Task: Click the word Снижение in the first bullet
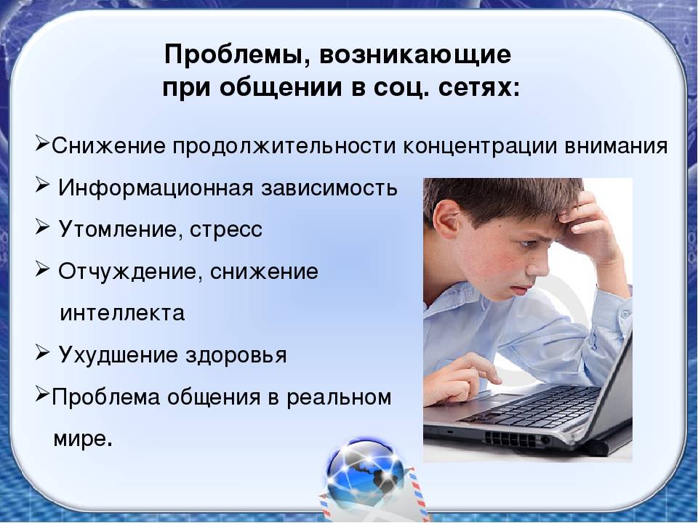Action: point(108,146)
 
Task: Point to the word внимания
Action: point(616,146)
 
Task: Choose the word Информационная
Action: point(156,188)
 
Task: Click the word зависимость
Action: point(329,188)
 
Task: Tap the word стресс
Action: point(225,230)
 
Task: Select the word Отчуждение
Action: point(127,272)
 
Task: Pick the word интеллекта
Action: point(122,312)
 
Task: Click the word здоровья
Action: point(236,355)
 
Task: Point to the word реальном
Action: point(339,397)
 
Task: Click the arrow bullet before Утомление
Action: point(42,229)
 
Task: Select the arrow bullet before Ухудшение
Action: point(42,354)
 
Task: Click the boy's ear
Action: point(446,221)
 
